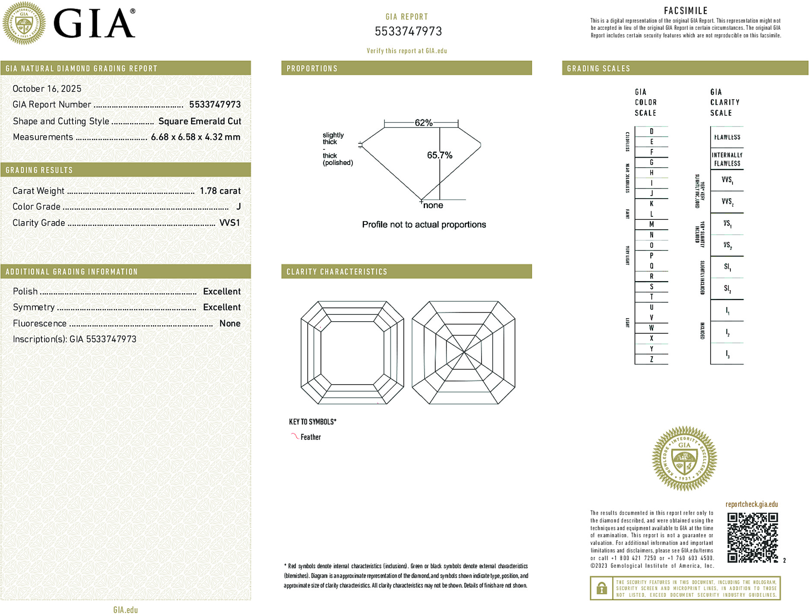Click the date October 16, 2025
[x=47, y=89]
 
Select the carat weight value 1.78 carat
[x=220, y=191]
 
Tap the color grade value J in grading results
[x=238, y=207]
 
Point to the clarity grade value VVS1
[x=229, y=223]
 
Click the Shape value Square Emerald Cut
[x=200, y=121]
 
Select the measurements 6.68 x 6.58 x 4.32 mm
[x=195, y=137]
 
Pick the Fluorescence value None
[x=230, y=323]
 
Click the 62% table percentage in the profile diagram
[x=423, y=123]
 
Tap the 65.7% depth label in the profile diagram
[x=439, y=155]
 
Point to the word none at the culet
[x=433, y=206]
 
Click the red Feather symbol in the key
[x=295, y=436]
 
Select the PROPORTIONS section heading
[x=312, y=69]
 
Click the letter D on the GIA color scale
[x=651, y=131]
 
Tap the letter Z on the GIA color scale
[x=651, y=359]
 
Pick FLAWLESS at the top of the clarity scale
[x=727, y=137]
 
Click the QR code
[x=752, y=537]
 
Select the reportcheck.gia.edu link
[x=752, y=504]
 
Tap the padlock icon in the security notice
[x=601, y=588]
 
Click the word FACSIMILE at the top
[x=685, y=11]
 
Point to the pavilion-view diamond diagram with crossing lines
[x=463, y=352]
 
